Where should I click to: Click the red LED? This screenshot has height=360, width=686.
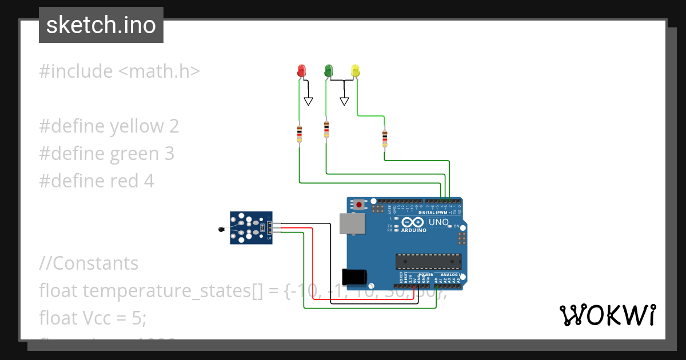301,71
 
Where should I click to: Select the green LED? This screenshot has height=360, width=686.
328,71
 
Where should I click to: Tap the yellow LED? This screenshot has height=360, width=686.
355,71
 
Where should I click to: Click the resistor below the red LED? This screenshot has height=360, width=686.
299,134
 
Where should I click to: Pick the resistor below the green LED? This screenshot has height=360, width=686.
326,129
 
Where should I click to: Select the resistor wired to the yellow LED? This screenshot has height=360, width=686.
385,137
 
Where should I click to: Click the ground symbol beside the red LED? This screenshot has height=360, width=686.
309,101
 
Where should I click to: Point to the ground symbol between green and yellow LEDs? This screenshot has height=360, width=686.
344,101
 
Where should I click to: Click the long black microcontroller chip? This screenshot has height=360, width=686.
428,261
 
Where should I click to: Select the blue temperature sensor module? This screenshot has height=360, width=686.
252,227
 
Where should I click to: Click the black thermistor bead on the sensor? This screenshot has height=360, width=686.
222,230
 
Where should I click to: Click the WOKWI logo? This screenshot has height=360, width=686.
607,315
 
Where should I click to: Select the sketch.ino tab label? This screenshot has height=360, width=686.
101,25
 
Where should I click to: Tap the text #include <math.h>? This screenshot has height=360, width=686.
119,71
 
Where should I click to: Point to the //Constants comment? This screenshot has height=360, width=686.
89,263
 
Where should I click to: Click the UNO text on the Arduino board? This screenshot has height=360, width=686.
438,222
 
